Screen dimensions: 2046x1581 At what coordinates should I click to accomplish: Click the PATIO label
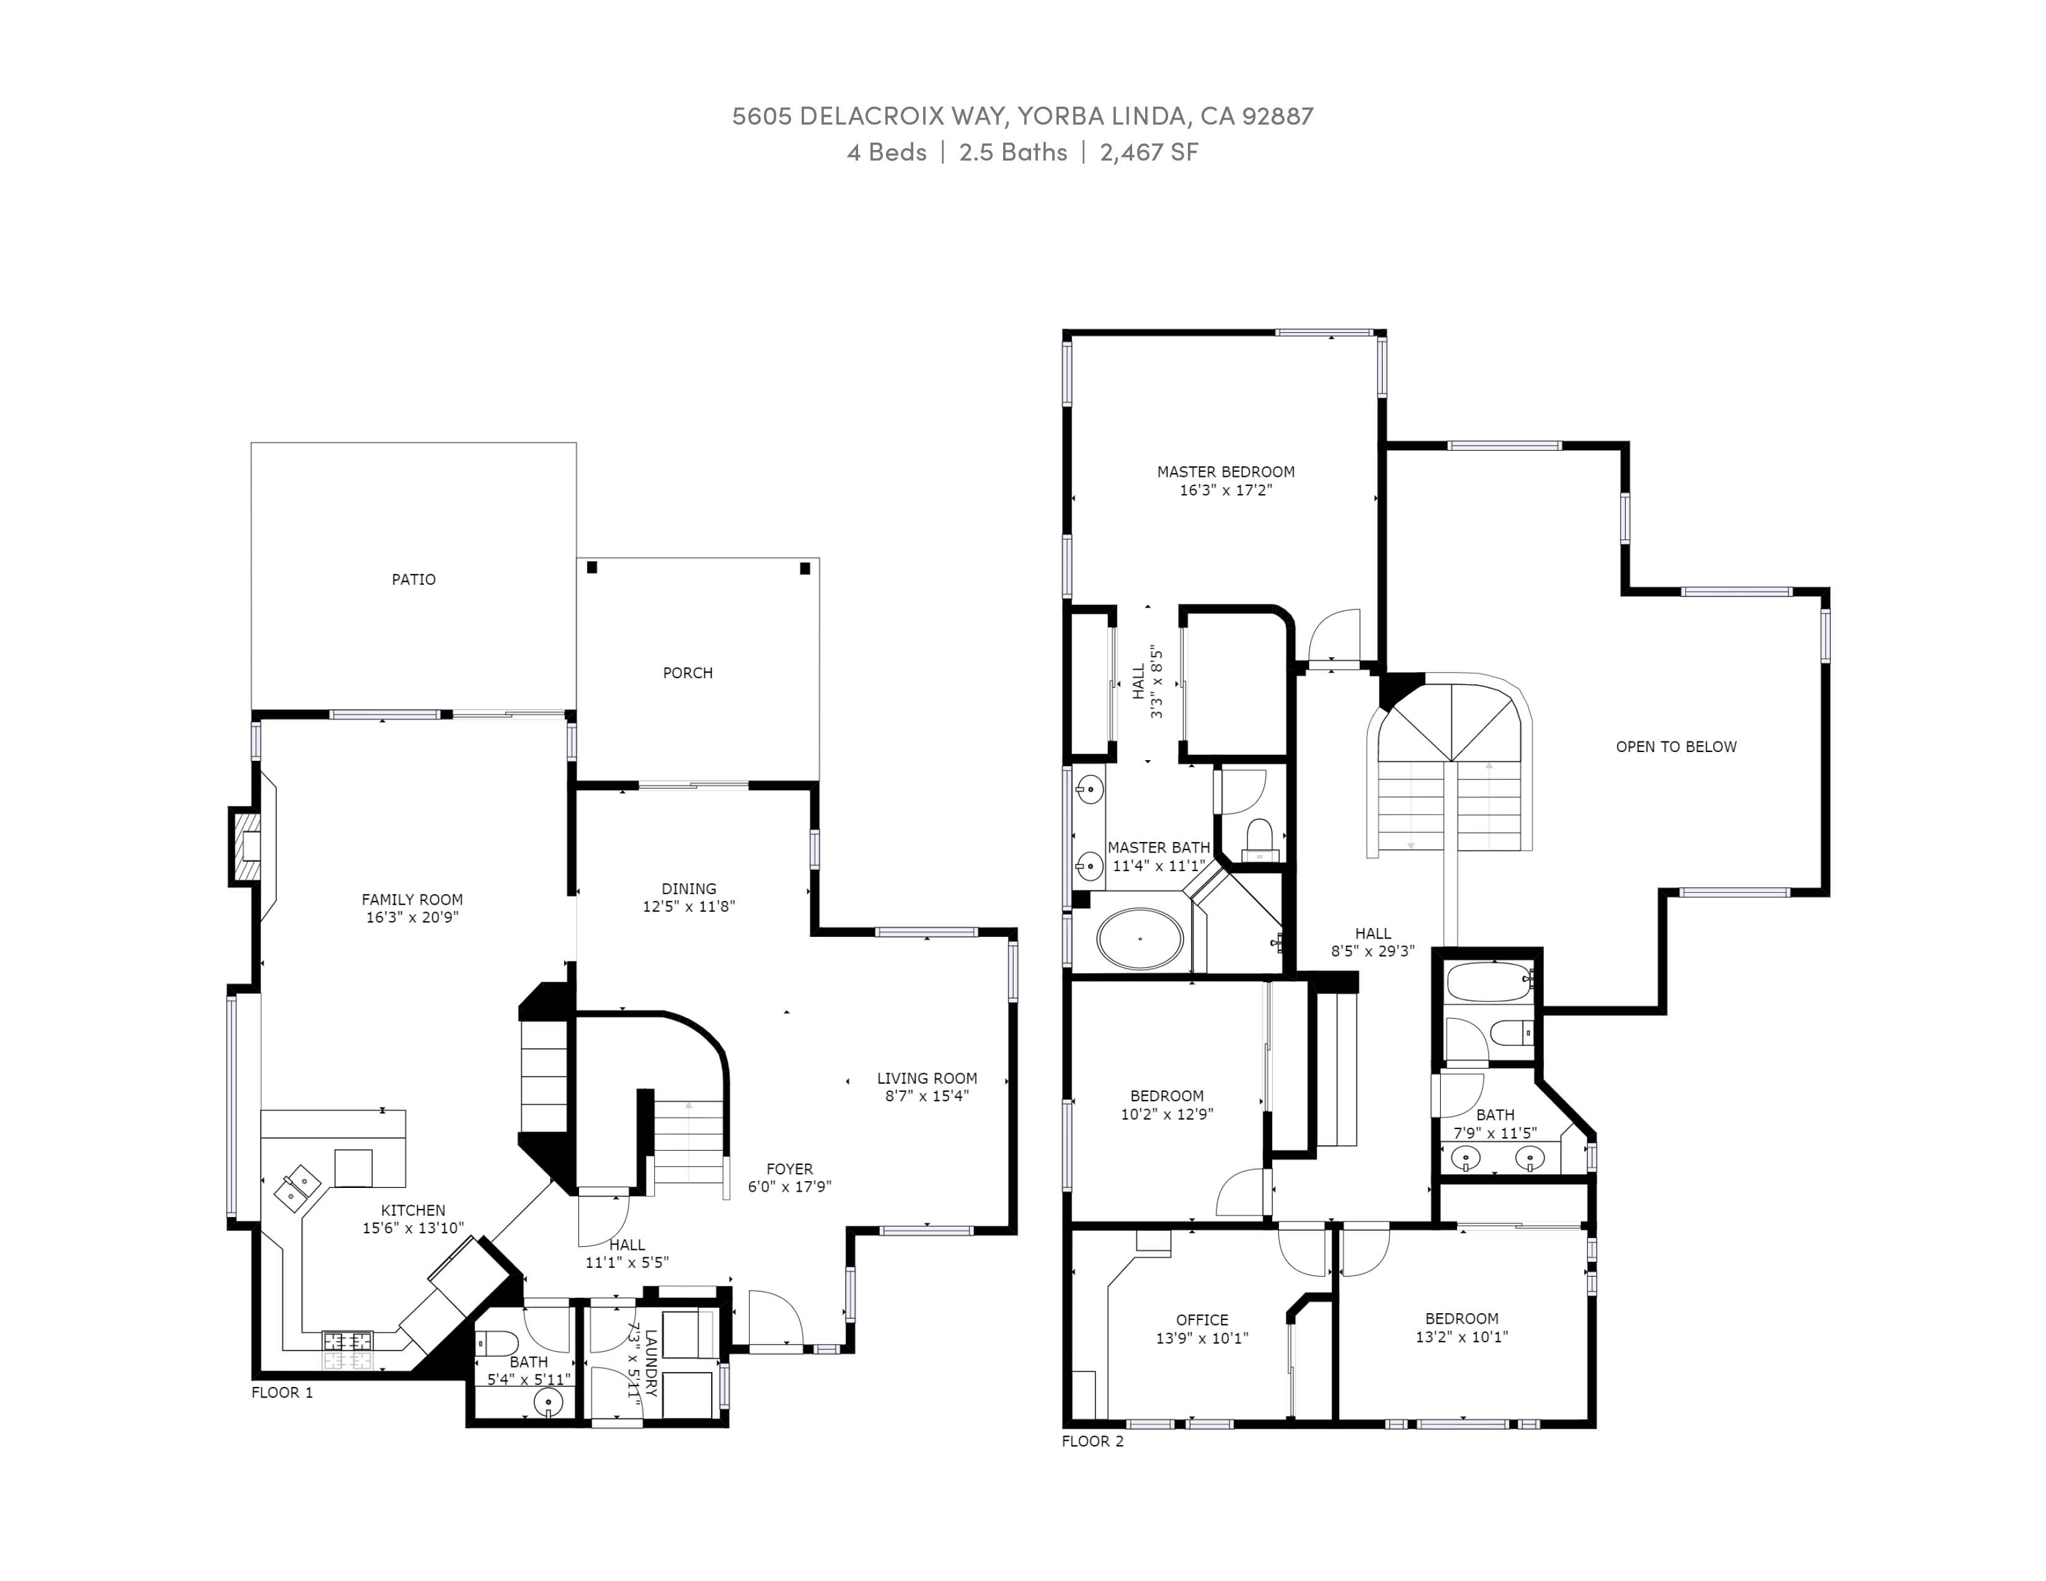click(x=413, y=580)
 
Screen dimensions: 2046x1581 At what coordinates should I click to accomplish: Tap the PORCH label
click(x=688, y=673)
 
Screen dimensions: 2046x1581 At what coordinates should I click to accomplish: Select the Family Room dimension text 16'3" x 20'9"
click(x=412, y=918)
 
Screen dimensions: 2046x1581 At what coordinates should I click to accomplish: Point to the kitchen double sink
click(x=298, y=1189)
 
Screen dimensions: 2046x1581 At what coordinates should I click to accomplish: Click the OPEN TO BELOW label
click(x=1676, y=746)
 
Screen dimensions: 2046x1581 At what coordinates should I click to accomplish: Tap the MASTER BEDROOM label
click(x=1225, y=472)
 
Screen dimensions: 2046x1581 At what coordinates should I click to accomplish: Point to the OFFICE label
click(x=1202, y=1321)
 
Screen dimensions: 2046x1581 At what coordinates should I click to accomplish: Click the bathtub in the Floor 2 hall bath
click(x=1487, y=981)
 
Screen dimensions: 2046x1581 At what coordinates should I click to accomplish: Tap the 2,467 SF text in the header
click(x=1148, y=152)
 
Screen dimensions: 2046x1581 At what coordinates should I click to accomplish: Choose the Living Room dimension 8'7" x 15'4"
click(x=926, y=1096)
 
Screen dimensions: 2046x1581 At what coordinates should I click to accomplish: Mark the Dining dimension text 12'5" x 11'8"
click(x=689, y=906)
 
